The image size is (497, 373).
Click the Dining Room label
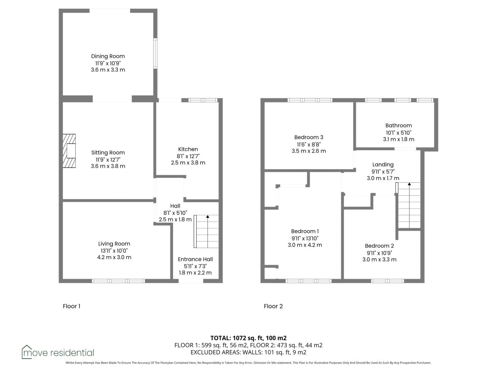click(x=108, y=56)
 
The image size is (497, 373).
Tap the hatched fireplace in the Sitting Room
click(x=69, y=151)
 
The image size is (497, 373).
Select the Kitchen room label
click(x=188, y=149)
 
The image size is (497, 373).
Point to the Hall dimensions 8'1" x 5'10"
click(x=175, y=213)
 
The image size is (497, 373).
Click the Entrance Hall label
click(x=195, y=259)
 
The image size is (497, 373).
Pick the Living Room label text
click(x=114, y=244)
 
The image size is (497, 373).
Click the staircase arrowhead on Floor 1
click(x=208, y=217)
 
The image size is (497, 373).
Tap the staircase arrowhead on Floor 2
click(x=409, y=184)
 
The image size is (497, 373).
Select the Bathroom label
click(x=399, y=125)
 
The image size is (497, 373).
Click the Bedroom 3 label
click(x=309, y=137)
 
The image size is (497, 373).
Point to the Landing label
click(x=383, y=165)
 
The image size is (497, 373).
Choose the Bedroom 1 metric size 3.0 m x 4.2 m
click(x=305, y=245)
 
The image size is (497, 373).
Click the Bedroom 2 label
click(x=379, y=246)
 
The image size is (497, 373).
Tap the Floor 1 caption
click(x=71, y=306)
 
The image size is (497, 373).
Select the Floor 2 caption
click(x=273, y=306)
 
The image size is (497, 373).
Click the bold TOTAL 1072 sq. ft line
click(x=248, y=338)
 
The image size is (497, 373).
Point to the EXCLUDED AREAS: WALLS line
click(x=248, y=352)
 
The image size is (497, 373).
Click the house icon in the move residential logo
click(x=27, y=352)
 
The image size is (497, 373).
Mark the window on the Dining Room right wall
click(x=155, y=54)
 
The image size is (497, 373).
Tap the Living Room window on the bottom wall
click(x=118, y=281)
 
